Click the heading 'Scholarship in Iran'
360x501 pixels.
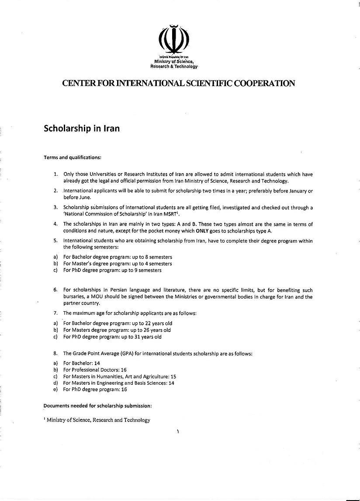[82, 129]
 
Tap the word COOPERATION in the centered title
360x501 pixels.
[265, 83]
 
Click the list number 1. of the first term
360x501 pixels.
[56, 174]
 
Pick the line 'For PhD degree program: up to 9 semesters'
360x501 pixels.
[112, 270]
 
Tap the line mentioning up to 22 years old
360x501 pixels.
[118, 324]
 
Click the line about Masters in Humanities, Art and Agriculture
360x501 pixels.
[120, 376]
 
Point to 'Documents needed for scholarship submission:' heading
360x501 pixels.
[97, 406]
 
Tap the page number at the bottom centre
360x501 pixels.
[178, 432]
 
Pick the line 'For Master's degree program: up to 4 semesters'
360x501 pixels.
[118, 264]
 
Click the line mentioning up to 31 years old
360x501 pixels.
[112, 337]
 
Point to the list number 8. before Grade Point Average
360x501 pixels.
[56, 353]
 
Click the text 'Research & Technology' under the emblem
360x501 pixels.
[174, 67]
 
